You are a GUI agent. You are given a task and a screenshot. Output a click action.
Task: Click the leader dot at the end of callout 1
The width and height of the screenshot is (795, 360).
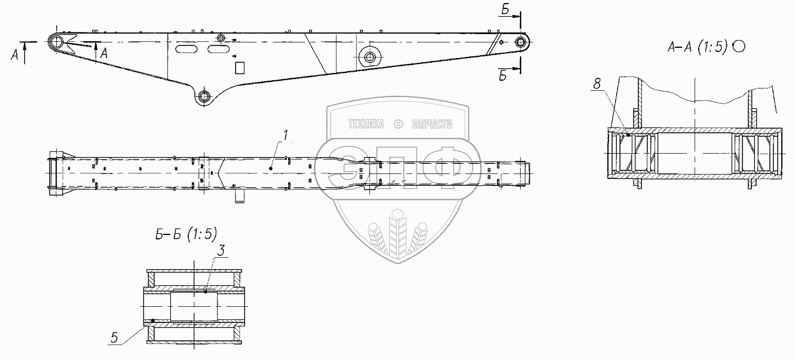(271, 169)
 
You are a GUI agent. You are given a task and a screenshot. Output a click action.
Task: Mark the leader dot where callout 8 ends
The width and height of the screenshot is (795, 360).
(630, 136)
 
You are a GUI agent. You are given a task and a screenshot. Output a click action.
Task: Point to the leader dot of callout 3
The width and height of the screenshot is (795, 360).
(205, 291)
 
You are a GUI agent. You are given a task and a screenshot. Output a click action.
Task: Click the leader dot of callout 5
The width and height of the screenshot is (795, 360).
(152, 321)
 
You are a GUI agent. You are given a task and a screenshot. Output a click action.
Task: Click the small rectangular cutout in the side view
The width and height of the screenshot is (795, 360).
(240, 67)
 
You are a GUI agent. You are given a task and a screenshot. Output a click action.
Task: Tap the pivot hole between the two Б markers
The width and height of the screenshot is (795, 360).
(522, 42)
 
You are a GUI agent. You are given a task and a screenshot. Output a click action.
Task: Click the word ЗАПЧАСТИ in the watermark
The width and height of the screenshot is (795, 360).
(432, 124)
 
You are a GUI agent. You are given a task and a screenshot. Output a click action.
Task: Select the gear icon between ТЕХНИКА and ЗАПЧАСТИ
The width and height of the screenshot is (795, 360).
(399, 124)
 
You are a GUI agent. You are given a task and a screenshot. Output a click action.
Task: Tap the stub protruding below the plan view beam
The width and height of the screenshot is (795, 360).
(240, 196)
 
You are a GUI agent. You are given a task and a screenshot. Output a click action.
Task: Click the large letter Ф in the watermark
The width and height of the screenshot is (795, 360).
(448, 167)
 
